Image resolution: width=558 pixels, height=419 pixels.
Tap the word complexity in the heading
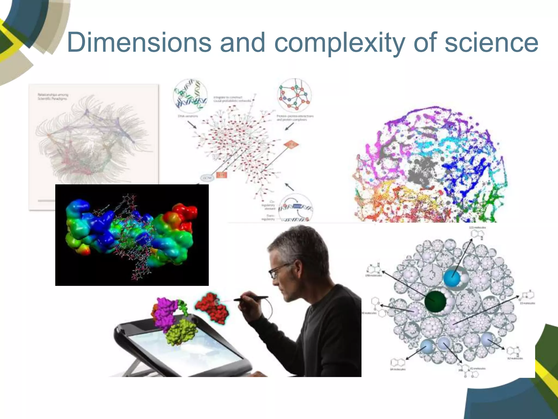point(339,43)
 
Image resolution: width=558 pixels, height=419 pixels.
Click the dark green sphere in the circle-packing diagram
point(435,301)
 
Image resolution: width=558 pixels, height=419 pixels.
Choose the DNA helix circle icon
point(190,96)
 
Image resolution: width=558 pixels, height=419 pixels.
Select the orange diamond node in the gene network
point(291,145)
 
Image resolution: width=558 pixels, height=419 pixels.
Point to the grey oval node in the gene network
point(208,178)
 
